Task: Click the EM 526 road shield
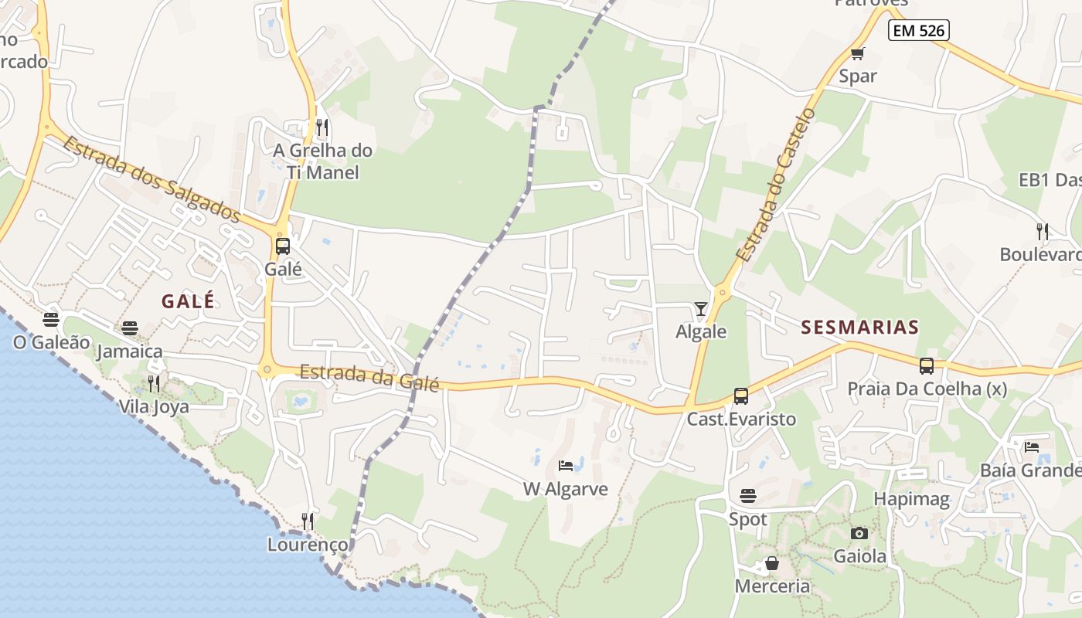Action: pos(918,31)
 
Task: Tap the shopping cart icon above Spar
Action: pos(857,53)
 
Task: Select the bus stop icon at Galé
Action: pos(283,246)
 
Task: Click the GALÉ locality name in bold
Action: pos(188,301)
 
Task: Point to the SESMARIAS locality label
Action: pos(860,327)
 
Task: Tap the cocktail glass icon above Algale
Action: pos(701,309)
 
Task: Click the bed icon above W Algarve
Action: pos(566,466)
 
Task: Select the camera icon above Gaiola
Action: pos(859,533)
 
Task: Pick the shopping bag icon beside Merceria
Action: pos(771,563)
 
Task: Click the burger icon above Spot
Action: pos(747,495)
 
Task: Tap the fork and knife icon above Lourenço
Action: pos(308,521)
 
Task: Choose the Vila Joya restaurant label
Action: pos(154,406)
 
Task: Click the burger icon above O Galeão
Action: pos(51,319)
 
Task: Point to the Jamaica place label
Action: pos(130,351)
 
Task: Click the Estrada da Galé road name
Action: pos(369,377)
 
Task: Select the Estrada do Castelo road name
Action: pos(775,184)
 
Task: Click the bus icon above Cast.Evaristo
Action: pos(741,396)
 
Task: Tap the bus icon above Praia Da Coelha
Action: pos(927,366)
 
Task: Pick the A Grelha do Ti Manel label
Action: pos(323,161)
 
